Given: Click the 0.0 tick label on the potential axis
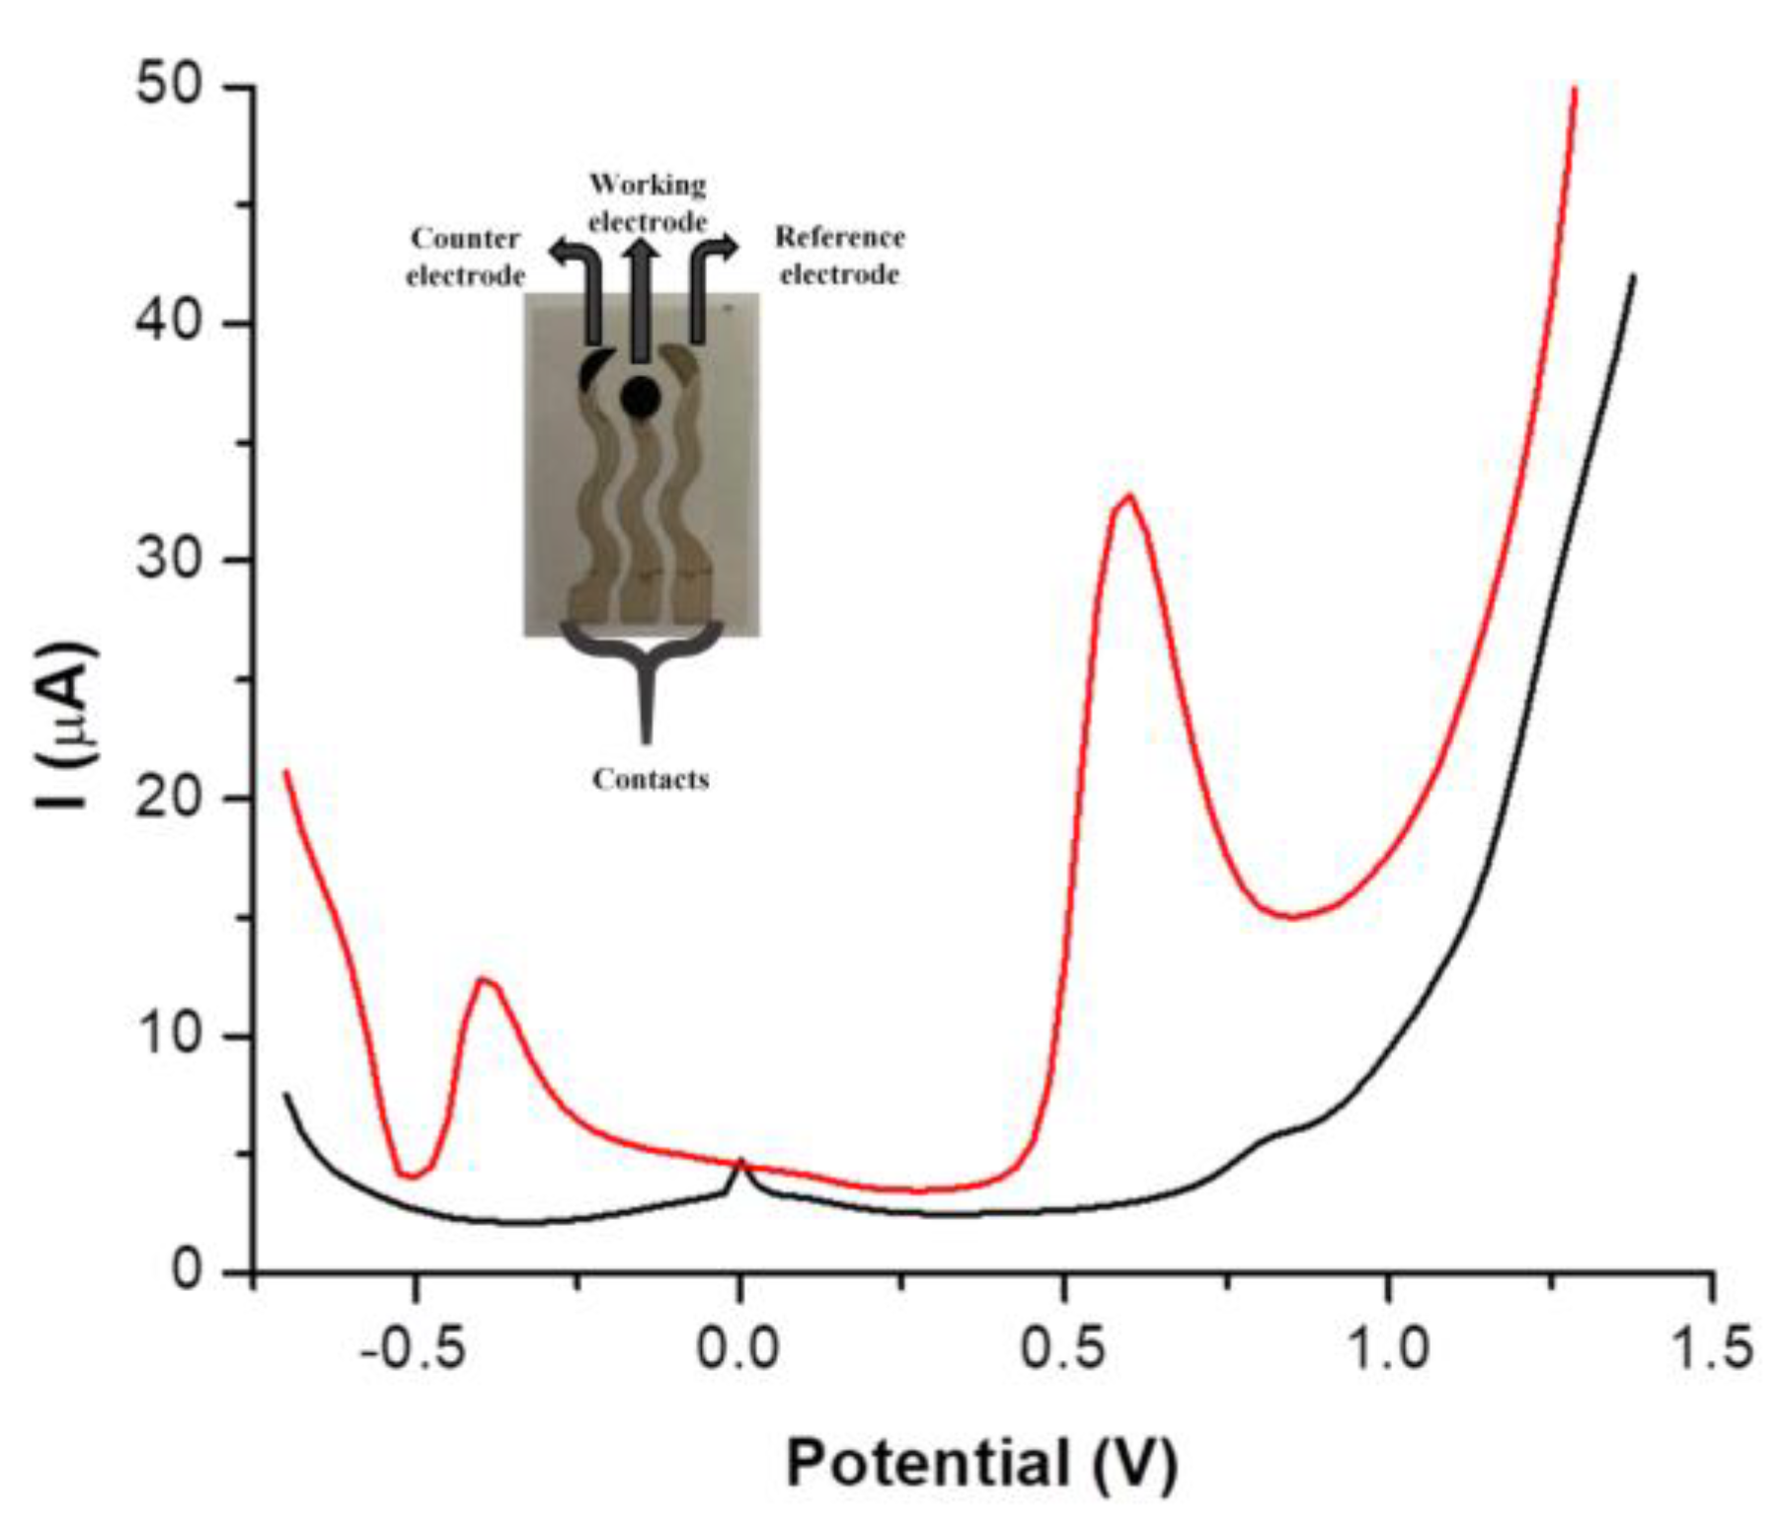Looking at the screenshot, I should (x=738, y=1348).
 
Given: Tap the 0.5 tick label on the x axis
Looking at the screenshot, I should (x=1062, y=1348).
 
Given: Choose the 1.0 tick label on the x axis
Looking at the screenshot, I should (x=1388, y=1348).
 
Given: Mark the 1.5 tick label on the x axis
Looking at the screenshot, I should (x=1710, y=1348).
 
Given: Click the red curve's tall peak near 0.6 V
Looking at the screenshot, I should (x=1126, y=496).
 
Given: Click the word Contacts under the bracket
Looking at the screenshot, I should (x=651, y=780).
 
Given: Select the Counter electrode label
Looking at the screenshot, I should (x=465, y=257).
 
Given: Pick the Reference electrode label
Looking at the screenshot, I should (x=839, y=256).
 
